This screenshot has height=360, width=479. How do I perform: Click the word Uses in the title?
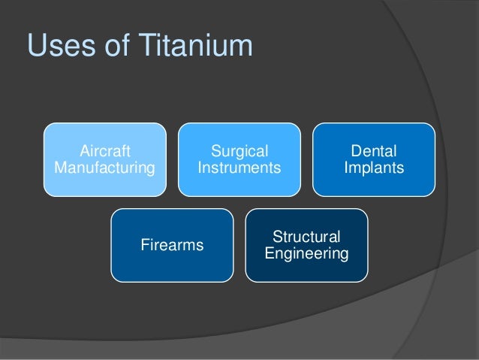59,46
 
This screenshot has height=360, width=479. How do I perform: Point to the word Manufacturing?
104,168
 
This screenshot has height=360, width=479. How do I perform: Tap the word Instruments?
239,168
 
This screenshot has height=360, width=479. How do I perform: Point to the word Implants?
373,168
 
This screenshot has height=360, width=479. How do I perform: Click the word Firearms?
172,245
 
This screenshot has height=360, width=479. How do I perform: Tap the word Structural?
306,237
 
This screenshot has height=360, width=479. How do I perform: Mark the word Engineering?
306,253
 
